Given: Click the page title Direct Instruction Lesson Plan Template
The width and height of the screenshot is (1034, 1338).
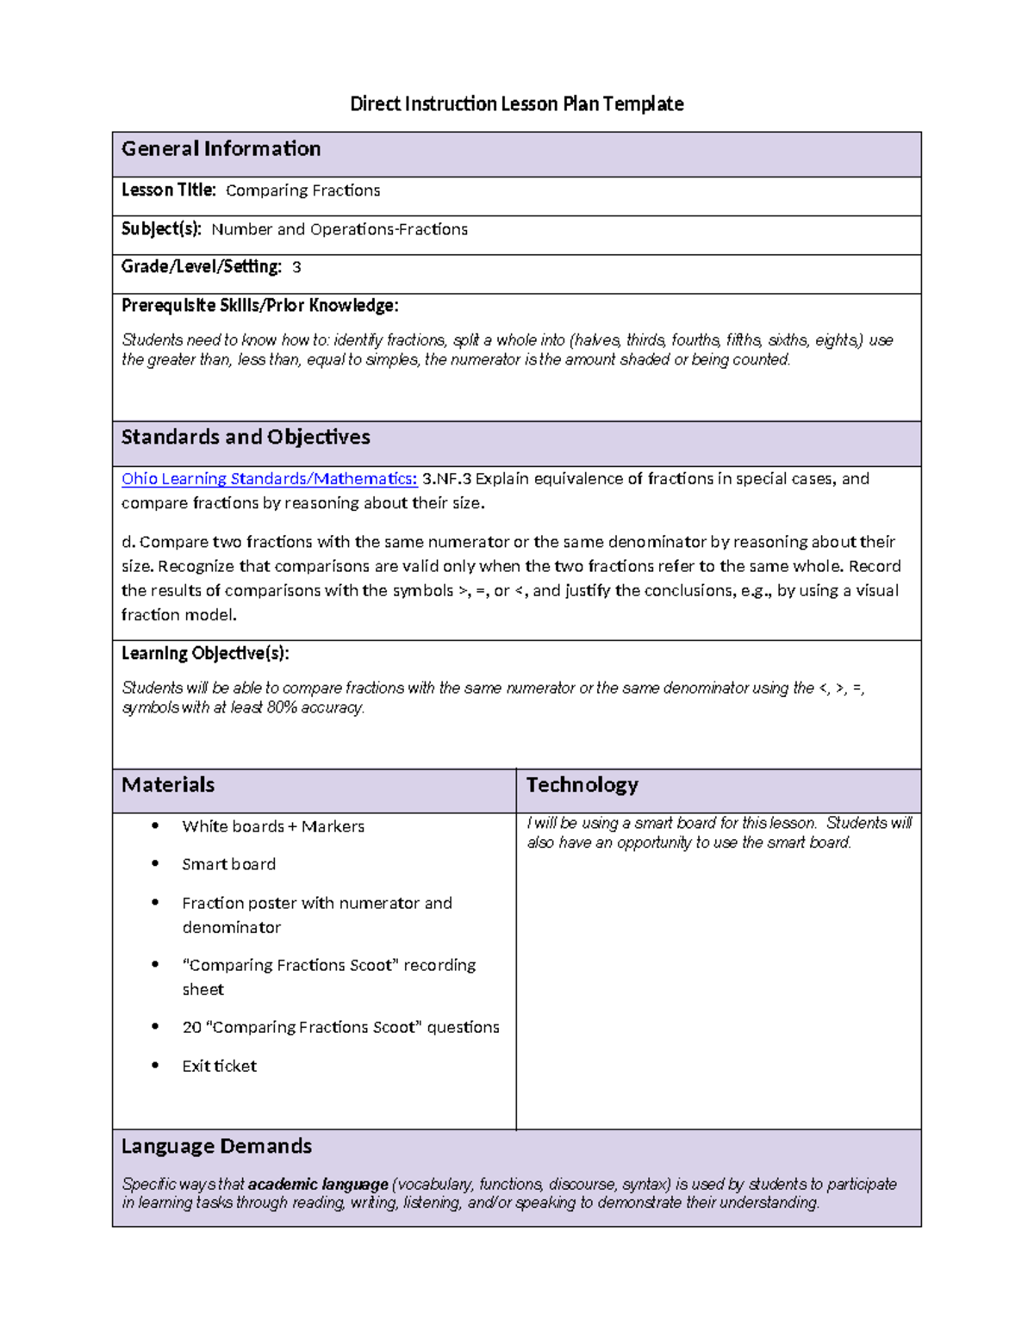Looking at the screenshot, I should [x=516, y=104].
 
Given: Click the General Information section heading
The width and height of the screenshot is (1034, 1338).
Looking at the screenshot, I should [x=221, y=149].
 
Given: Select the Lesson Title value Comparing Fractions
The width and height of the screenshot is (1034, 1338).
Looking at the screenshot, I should [x=302, y=190].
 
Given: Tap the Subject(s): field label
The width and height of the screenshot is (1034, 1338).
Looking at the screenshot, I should [x=161, y=229].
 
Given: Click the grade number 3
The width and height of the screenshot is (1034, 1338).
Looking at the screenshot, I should [x=296, y=268].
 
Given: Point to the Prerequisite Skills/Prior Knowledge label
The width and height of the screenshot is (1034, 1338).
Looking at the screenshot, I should [x=259, y=306].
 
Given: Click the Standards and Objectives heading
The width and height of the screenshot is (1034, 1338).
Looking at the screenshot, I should [x=246, y=438].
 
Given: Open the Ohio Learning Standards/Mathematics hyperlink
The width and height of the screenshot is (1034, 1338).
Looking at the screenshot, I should [x=269, y=479].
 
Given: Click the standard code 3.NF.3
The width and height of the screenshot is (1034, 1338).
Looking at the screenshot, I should [x=446, y=479].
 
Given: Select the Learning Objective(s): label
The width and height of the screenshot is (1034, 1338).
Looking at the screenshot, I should [x=205, y=654].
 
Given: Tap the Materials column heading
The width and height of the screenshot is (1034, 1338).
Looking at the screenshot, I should [x=168, y=785].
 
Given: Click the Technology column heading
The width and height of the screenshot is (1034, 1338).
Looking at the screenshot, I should [x=582, y=785].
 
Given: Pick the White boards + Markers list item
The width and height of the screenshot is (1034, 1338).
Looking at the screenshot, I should [x=273, y=827].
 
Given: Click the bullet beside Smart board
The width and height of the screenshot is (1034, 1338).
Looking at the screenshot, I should [x=155, y=863].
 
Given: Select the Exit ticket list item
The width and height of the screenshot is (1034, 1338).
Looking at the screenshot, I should [x=219, y=1067].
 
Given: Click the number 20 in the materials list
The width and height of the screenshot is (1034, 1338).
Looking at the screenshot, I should [x=191, y=1028].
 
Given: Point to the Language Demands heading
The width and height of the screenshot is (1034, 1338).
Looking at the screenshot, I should [x=216, y=1147].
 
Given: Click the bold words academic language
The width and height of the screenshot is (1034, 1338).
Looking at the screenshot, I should [x=318, y=1185].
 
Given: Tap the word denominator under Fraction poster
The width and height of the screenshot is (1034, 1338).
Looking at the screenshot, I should [x=231, y=928].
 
